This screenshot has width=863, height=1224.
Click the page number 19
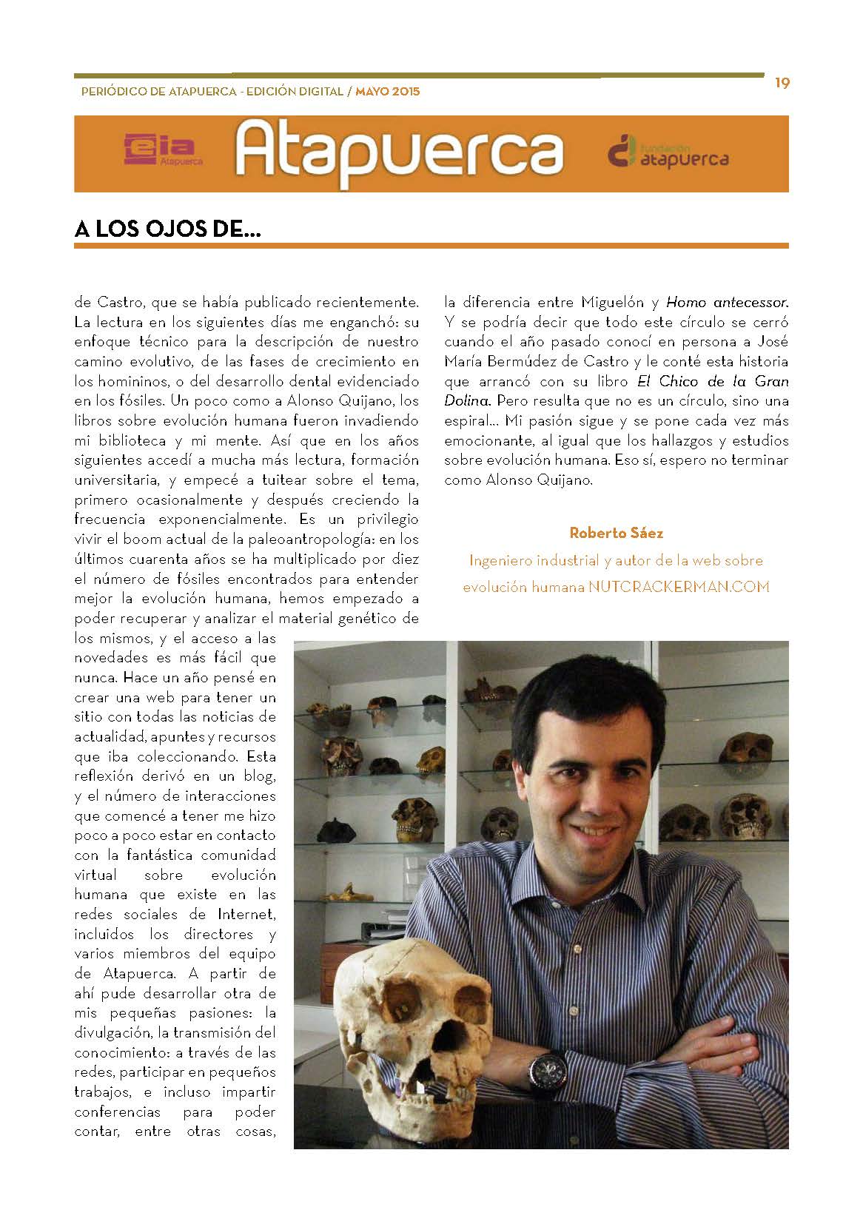click(782, 83)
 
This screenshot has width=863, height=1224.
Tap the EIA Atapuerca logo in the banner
click(163, 150)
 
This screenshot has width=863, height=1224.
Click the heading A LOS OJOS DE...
click(168, 229)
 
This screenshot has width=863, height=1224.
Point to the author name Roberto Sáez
click(615, 533)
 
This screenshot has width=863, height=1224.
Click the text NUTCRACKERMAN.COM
click(679, 587)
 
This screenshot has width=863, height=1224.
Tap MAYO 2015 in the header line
click(387, 93)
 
